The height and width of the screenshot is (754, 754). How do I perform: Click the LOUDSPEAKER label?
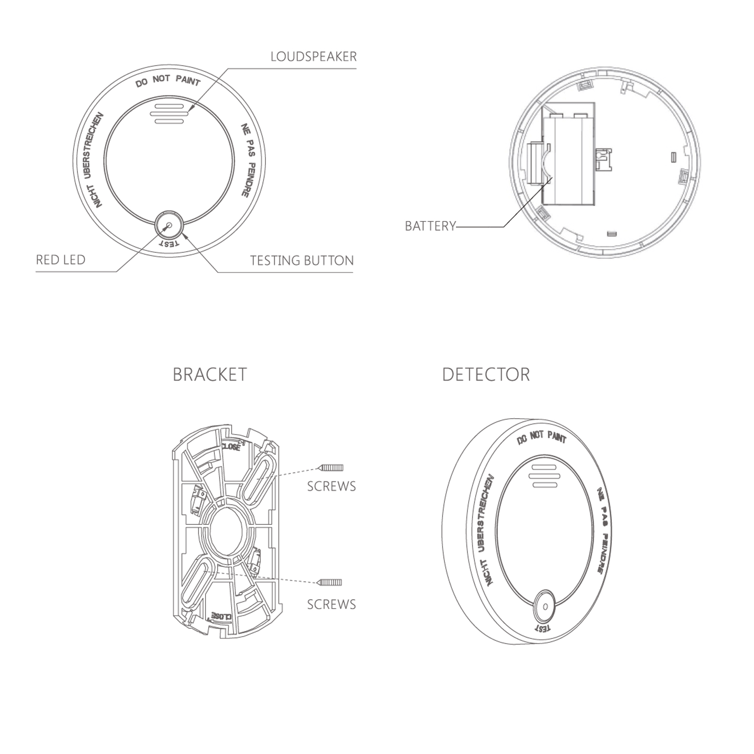pyautogui.click(x=314, y=56)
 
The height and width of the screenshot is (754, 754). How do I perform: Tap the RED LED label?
pyautogui.click(x=61, y=260)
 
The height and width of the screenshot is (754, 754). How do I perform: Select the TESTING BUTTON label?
pyautogui.click(x=302, y=260)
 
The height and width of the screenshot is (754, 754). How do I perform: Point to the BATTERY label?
pyautogui.click(x=430, y=226)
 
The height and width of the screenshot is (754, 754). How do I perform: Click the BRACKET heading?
pyautogui.click(x=210, y=374)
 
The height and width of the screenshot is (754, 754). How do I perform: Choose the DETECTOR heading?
pyautogui.click(x=486, y=374)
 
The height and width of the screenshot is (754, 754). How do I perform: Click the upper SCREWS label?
pyautogui.click(x=332, y=486)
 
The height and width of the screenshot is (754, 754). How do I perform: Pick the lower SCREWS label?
pyautogui.click(x=332, y=604)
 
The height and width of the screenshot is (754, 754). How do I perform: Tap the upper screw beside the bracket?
pyautogui.click(x=331, y=467)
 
